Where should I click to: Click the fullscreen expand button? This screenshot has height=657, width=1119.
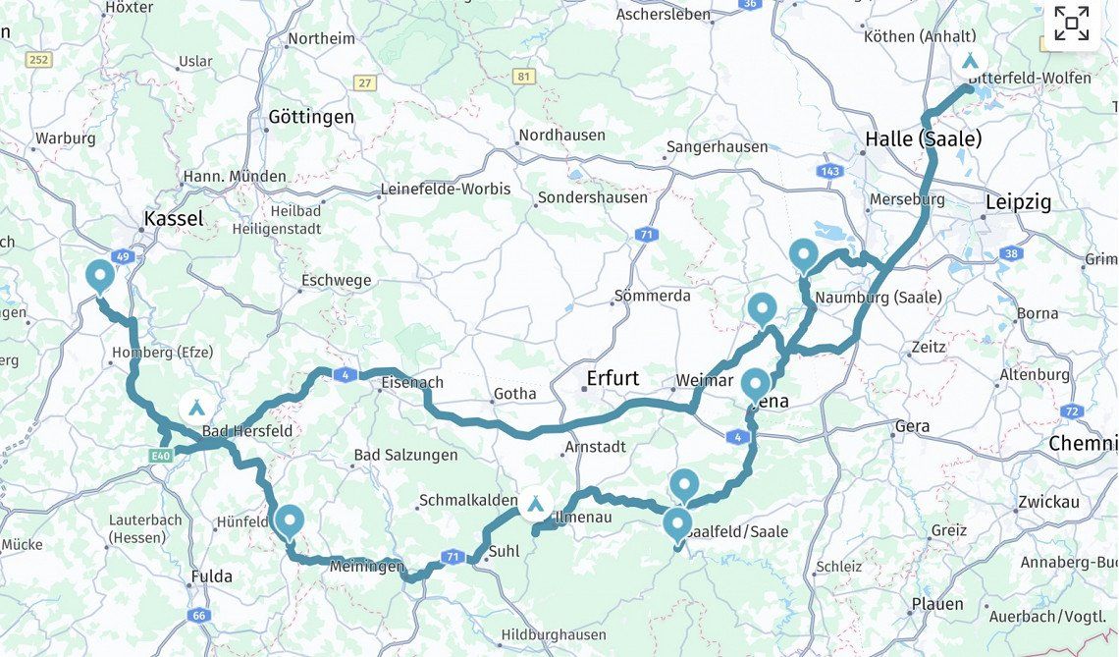point(1071,24)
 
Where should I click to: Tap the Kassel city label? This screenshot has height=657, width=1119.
point(174,218)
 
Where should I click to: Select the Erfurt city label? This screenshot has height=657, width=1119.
point(613,378)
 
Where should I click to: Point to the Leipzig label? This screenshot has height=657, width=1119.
point(1017,202)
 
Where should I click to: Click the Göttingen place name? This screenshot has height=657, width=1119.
point(311,117)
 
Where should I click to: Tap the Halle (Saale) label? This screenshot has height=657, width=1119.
point(923,139)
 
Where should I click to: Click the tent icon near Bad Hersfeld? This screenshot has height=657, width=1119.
point(196,407)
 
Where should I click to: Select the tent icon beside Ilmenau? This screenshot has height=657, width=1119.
point(535,505)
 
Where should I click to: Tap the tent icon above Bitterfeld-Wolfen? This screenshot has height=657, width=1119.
point(970,61)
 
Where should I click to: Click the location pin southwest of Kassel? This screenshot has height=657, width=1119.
point(99,276)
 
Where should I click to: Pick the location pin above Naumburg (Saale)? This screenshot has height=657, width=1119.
point(803,254)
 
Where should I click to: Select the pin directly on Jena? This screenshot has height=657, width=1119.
point(755,383)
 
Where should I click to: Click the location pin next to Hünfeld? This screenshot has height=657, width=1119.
point(289,520)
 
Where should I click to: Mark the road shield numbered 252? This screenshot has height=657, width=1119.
point(38,60)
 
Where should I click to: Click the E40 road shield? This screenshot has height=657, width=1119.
point(162,456)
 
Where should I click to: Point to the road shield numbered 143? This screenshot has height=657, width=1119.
point(829,171)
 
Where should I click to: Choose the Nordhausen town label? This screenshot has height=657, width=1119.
point(561,135)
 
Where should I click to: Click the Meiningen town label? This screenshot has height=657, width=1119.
point(366,567)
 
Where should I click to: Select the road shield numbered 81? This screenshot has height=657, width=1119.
point(525,77)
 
